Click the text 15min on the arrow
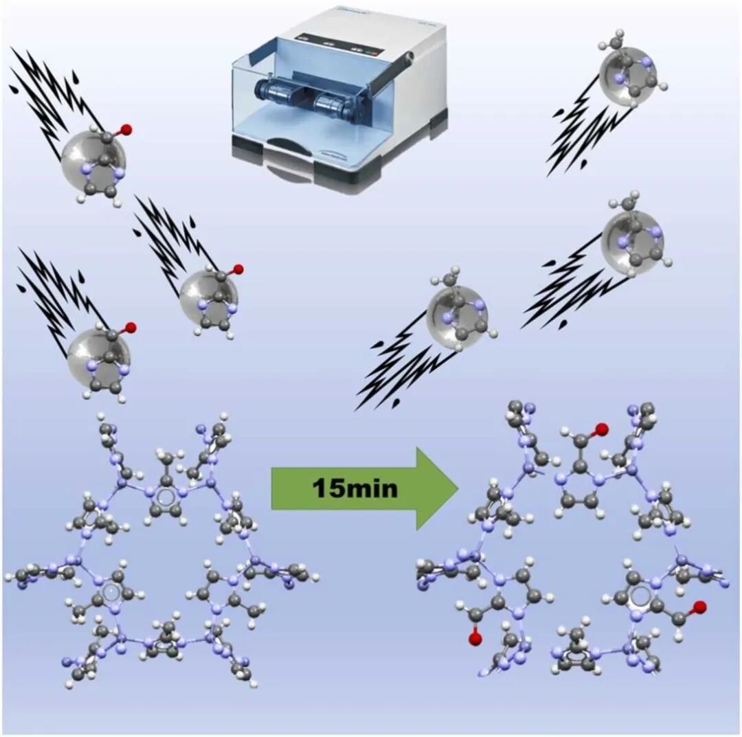(x=355, y=488)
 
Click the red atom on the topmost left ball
(x=125, y=128)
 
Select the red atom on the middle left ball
(x=238, y=269)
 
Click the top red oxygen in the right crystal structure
(x=603, y=431)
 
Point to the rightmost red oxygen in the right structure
(x=699, y=606)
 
